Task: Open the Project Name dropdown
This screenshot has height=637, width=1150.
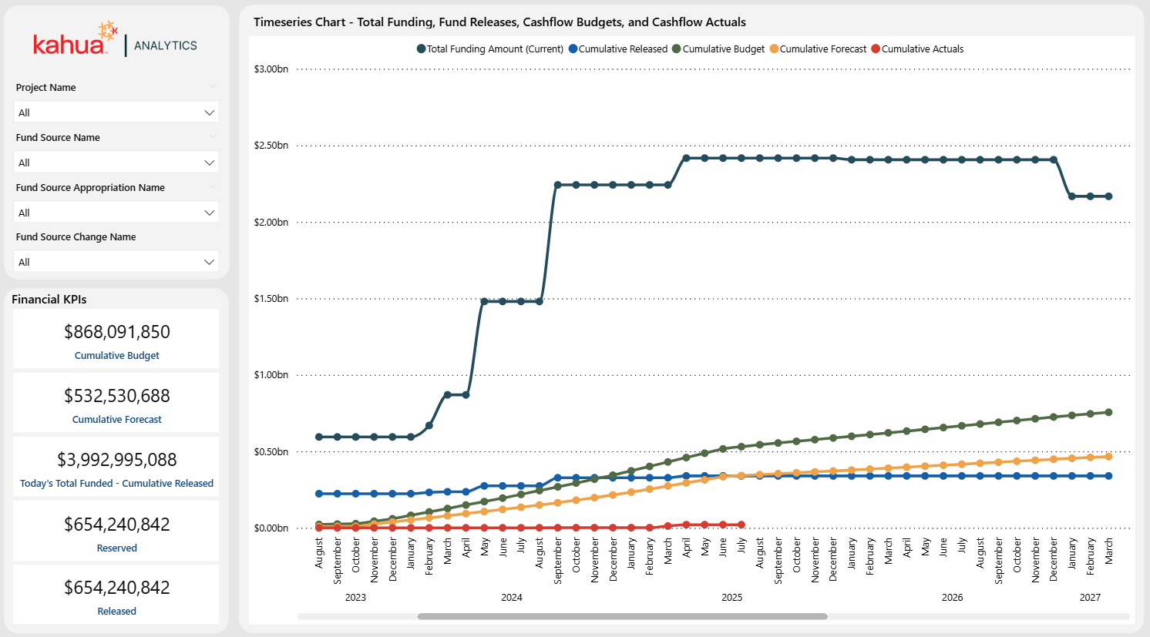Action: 116,112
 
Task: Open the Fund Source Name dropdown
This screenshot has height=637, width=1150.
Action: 116,163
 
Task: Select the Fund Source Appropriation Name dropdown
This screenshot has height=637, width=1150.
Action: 116,213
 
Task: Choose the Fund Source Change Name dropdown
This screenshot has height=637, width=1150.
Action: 116,262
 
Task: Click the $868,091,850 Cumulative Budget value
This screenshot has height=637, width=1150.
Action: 117,332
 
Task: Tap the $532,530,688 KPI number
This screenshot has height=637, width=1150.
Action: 117,396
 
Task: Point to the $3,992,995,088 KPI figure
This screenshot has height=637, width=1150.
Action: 117,460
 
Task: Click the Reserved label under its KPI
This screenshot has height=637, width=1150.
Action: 117,548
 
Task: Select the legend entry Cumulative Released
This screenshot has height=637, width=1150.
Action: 622,49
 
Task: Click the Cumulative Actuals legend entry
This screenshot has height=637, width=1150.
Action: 922,49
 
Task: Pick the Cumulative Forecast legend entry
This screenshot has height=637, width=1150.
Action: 822,49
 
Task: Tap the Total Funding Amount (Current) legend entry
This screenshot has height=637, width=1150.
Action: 495,49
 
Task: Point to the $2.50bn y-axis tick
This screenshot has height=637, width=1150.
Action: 271,146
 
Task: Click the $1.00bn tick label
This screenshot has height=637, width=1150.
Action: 271,375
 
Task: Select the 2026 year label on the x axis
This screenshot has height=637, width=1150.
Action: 952,598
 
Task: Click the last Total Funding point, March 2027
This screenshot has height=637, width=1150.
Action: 1108,196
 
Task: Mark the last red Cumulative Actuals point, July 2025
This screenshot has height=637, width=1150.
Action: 741,525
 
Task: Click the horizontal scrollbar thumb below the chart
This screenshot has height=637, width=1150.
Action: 622,616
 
